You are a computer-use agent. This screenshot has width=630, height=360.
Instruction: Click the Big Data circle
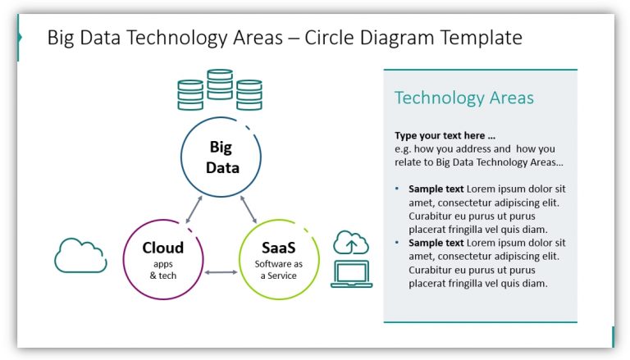pyautogui.click(x=220, y=157)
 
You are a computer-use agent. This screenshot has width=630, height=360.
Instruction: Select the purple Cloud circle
pyautogui.click(x=162, y=258)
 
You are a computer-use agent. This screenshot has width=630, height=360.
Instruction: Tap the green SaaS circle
pyautogui.click(x=279, y=258)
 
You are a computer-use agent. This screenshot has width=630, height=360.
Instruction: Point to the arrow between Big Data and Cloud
pyautogui.click(x=194, y=209)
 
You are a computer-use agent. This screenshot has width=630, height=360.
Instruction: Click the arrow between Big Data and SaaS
pyautogui.click(x=249, y=209)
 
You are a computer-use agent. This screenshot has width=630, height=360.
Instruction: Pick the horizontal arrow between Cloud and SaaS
pyautogui.click(x=221, y=271)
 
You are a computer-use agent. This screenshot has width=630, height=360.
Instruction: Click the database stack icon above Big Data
pyautogui.click(x=220, y=90)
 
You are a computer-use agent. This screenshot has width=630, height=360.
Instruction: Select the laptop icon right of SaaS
pyautogui.click(x=351, y=275)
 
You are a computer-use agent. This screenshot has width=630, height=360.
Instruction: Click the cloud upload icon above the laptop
pyautogui.click(x=351, y=243)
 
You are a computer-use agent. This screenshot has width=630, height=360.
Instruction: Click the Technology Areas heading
pyautogui.click(x=463, y=98)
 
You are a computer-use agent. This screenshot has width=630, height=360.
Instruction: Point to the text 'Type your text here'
pyautogui.click(x=445, y=135)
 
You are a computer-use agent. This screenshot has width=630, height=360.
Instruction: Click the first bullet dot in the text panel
pyautogui.click(x=398, y=189)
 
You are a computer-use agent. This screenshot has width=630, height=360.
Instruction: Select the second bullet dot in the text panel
pyautogui.click(x=398, y=244)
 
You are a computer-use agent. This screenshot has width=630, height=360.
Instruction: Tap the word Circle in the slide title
pyautogui.click(x=331, y=38)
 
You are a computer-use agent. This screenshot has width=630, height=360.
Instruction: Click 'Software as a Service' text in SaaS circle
pyautogui.click(x=279, y=270)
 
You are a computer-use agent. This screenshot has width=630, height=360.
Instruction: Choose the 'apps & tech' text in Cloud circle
pyautogui.click(x=162, y=270)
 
